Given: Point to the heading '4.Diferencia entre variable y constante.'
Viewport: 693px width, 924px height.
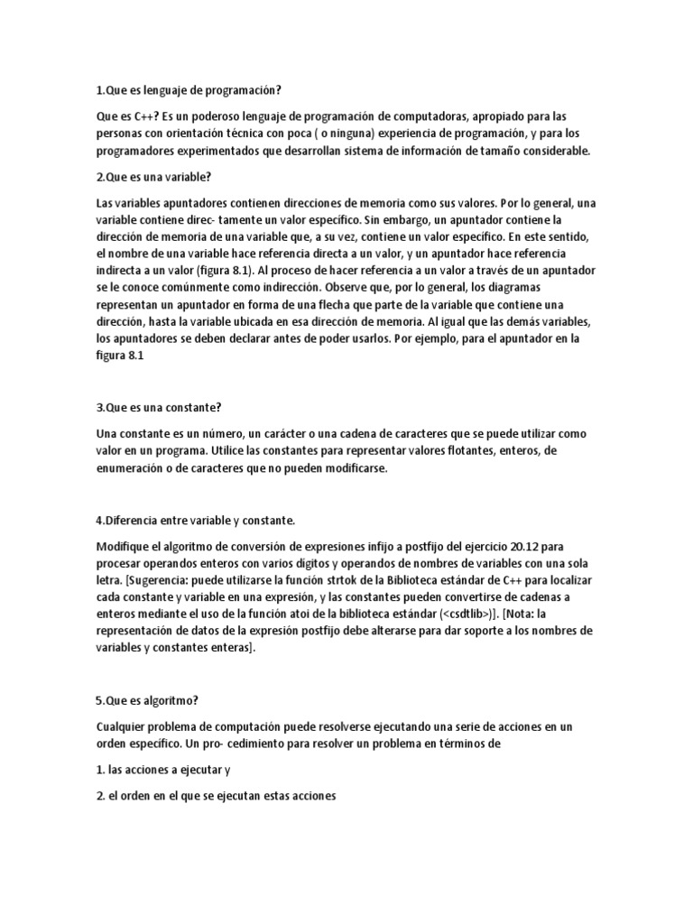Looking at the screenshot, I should click(195, 521).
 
